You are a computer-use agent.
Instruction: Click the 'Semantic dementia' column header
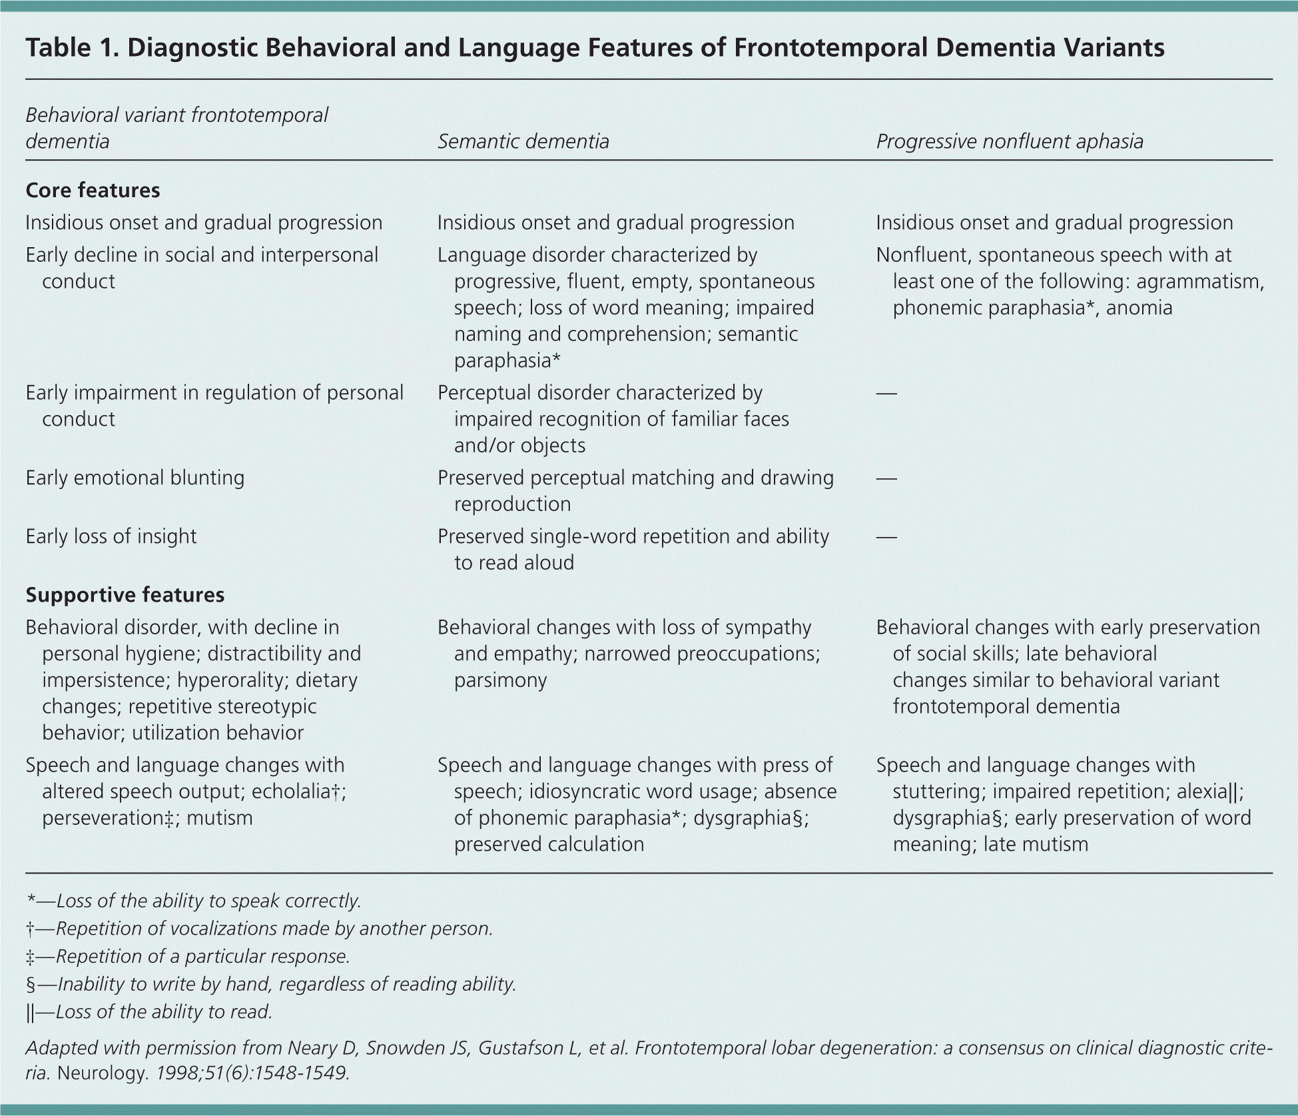point(523,141)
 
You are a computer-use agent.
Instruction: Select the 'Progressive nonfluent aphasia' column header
point(1009,141)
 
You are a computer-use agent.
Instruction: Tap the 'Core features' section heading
point(93,191)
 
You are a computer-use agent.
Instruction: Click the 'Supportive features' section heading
point(125,594)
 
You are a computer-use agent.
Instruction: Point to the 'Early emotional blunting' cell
point(135,478)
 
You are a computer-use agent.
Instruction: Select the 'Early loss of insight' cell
point(111,536)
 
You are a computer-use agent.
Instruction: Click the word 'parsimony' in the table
point(500,680)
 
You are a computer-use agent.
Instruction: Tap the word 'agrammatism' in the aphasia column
point(1199,282)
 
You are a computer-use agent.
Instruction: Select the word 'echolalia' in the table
point(291,792)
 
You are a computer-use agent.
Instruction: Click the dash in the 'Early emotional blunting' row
point(886,478)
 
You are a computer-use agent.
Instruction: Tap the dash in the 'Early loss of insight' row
point(886,537)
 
